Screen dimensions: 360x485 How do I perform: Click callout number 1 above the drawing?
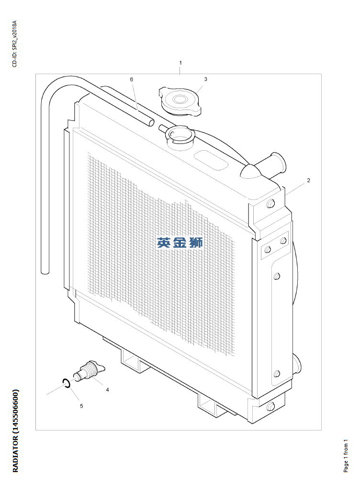point(180,63)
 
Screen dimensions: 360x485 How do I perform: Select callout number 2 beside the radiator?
point(308,180)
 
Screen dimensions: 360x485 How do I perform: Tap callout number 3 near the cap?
point(205,79)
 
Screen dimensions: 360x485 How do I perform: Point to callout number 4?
point(107,390)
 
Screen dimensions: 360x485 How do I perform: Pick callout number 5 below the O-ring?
point(81,406)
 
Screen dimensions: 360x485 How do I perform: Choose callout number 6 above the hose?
point(131,79)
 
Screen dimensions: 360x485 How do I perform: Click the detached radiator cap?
point(180,101)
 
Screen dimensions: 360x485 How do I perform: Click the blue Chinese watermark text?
point(180,242)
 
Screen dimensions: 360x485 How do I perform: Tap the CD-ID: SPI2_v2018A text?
point(14,44)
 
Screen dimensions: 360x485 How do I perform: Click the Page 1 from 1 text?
point(346,456)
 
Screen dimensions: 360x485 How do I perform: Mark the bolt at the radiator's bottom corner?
point(270,406)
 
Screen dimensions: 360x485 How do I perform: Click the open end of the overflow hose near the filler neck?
point(151,122)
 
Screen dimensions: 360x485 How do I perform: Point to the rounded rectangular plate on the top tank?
point(210,160)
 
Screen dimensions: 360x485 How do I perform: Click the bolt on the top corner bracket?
point(270,204)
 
